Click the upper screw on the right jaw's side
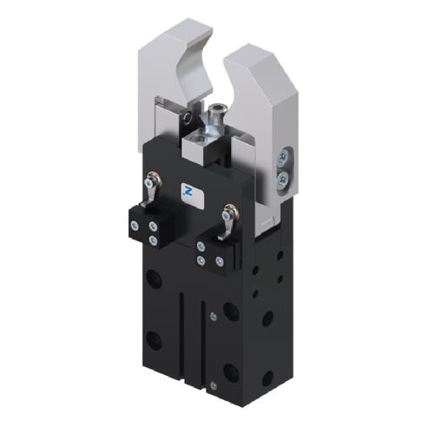(282, 158)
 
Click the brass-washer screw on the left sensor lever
(153, 181)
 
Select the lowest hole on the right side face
(266, 378)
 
